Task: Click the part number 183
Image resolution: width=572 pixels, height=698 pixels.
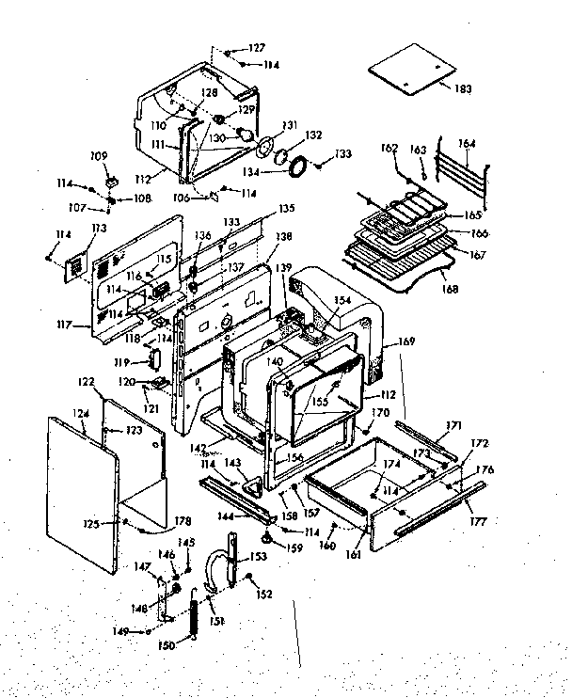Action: [x=462, y=88]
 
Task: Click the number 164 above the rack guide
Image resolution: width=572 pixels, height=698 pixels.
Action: [x=467, y=144]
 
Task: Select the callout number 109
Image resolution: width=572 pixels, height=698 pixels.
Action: [x=97, y=155]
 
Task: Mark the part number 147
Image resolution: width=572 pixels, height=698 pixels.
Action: [x=143, y=566]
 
